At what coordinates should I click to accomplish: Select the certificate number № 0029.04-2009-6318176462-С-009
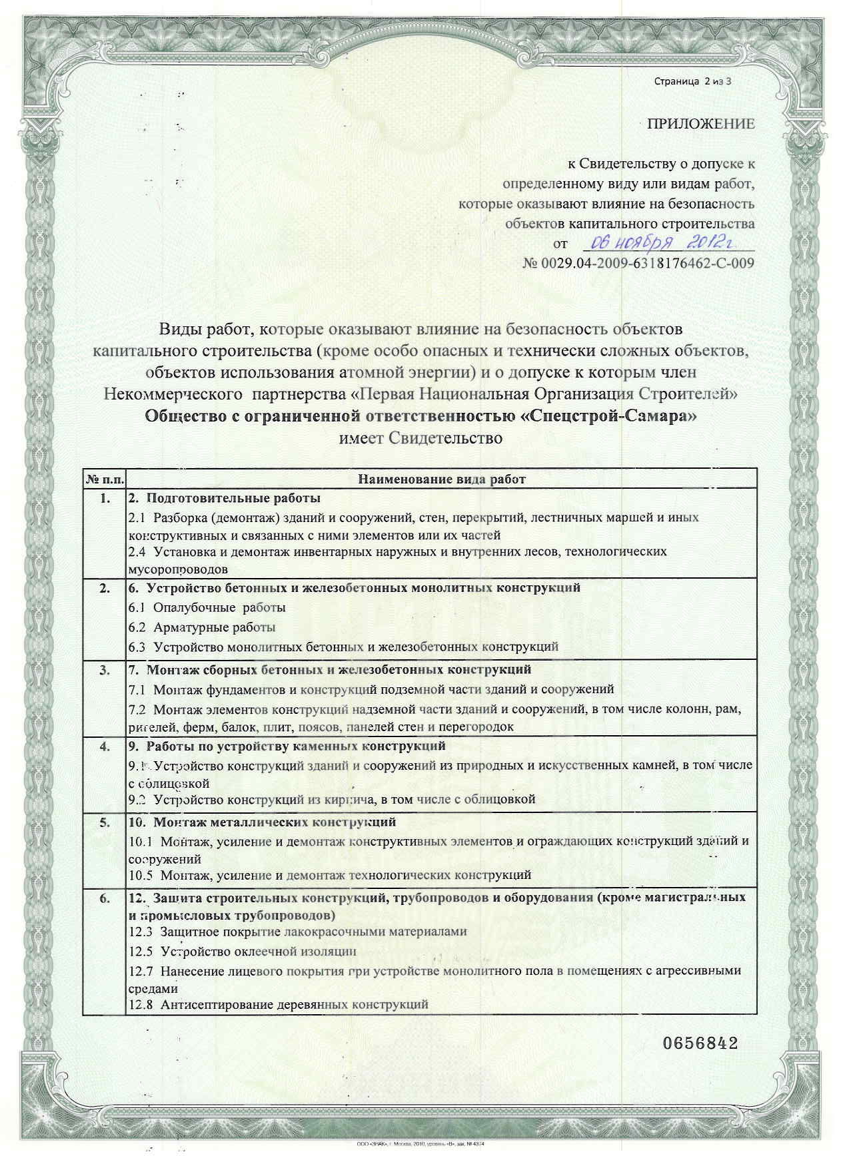(638, 263)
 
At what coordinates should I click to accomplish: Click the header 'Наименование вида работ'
(441, 479)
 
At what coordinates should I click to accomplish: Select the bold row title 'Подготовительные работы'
(224, 498)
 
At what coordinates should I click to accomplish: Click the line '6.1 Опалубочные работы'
(207, 607)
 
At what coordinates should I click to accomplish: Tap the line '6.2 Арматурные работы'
(202, 627)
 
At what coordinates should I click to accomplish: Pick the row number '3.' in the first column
(105, 670)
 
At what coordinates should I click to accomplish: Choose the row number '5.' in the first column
(105, 822)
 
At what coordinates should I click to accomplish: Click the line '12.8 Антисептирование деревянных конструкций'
(278, 1004)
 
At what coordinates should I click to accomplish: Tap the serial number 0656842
(700, 1043)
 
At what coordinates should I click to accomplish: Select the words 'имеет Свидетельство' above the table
(420, 438)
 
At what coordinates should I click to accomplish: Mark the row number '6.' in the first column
(105, 899)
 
